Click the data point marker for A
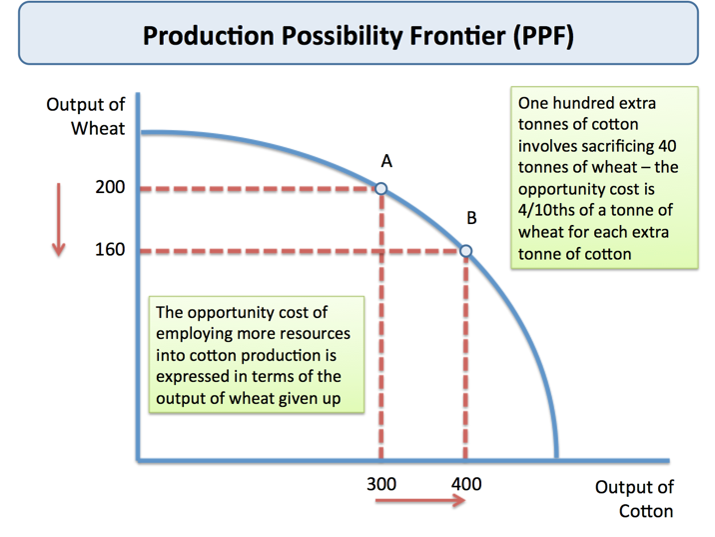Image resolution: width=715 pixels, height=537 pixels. (x=380, y=188)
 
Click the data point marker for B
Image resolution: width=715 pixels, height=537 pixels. (x=465, y=251)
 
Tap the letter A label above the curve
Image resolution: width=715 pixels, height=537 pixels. (x=386, y=160)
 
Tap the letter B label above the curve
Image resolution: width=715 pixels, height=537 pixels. (x=471, y=217)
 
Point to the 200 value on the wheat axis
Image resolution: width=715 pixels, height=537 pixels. (x=110, y=188)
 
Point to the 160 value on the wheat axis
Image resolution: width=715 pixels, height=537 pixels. (x=110, y=250)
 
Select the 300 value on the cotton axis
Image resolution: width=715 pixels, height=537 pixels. (x=380, y=484)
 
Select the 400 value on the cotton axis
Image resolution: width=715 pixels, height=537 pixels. (x=465, y=484)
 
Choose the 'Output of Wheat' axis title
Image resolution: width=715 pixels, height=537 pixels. (x=86, y=117)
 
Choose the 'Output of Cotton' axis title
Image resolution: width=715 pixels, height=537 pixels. (x=634, y=499)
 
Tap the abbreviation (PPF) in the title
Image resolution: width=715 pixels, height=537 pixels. (x=542, y=37)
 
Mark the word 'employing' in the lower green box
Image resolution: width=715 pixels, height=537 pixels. (x=195, y=335)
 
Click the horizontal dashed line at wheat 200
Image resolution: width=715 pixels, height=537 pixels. (x=260, y=188)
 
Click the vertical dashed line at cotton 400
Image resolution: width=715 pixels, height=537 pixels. (x=465, y=360)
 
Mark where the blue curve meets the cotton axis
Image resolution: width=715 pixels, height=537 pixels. (x=557, y=459)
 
